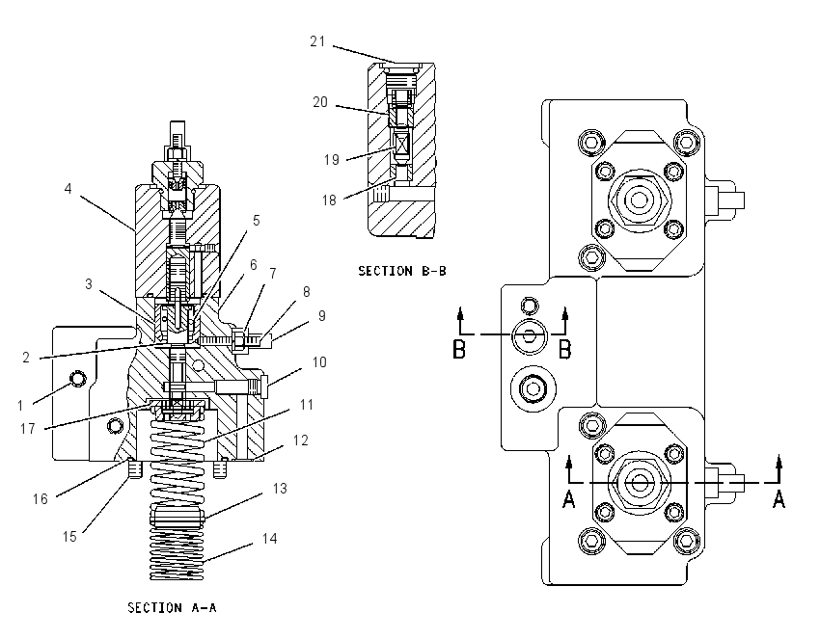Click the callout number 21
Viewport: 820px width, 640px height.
[317, 41]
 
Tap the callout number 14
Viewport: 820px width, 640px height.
[269, 539]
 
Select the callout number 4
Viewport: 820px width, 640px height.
[68, 189]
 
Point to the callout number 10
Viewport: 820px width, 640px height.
[319, 362]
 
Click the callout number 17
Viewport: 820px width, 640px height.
[27, 429]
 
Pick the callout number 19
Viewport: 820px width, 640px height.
[332, 159]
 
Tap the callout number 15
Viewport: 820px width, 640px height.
[69, 537]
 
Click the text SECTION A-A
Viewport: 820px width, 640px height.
[172, 607]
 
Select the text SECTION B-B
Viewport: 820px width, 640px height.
[402, 271]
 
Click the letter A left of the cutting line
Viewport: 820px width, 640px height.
[569, 499]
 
